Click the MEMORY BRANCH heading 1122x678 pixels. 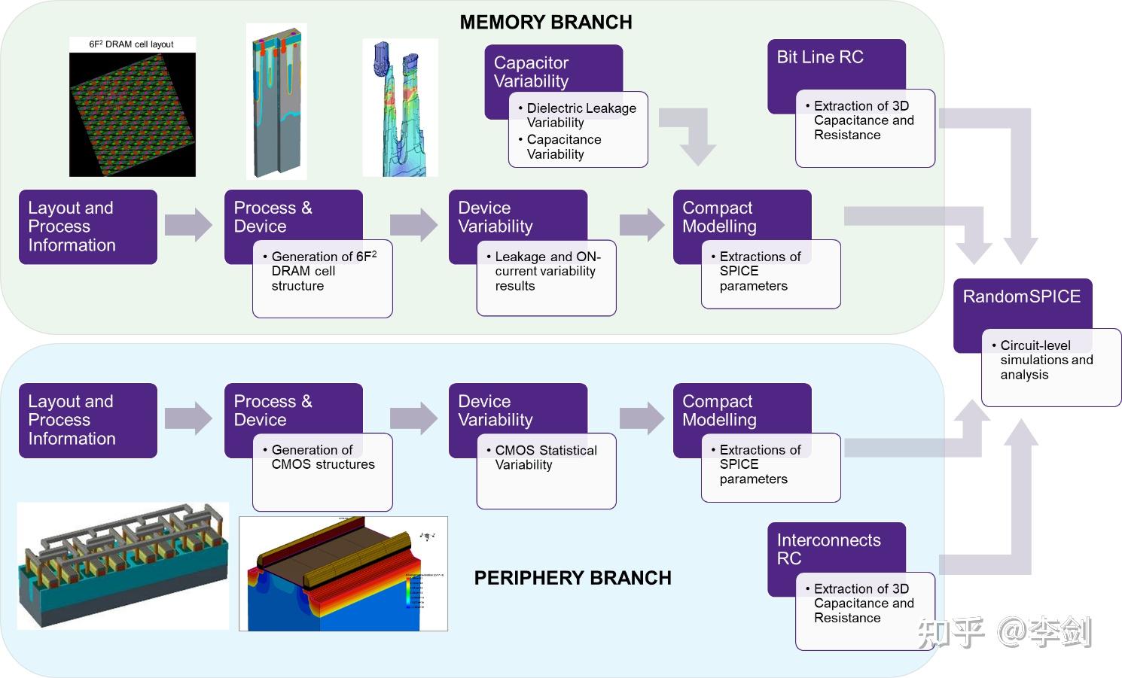click(x=545, y=23)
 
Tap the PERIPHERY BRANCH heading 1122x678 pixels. click(x=572, y=578)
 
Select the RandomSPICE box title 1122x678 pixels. click(x=1021, y=296)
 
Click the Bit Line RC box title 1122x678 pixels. click(x=820, y=57)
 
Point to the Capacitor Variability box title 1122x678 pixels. click(x=532, y=71)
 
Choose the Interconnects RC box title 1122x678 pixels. click(x=828, y=549)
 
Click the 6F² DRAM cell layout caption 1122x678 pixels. click(x=131, y=44)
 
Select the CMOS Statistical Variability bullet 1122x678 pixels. click(x=545, y=458)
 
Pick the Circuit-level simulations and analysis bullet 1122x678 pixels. click(x=1046, y=360)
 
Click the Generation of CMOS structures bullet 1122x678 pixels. click(x=322, y=457)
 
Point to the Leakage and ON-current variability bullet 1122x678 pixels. click(x=547, y=271)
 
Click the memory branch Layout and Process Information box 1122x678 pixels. click(x=87, y=227)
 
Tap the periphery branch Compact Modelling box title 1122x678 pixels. click(x=720, y=410)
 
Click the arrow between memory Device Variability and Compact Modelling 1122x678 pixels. click(x=642, y=224)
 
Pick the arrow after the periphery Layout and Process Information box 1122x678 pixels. click(x=188, y=418)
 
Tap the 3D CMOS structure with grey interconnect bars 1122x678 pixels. click(x=123, y=566)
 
